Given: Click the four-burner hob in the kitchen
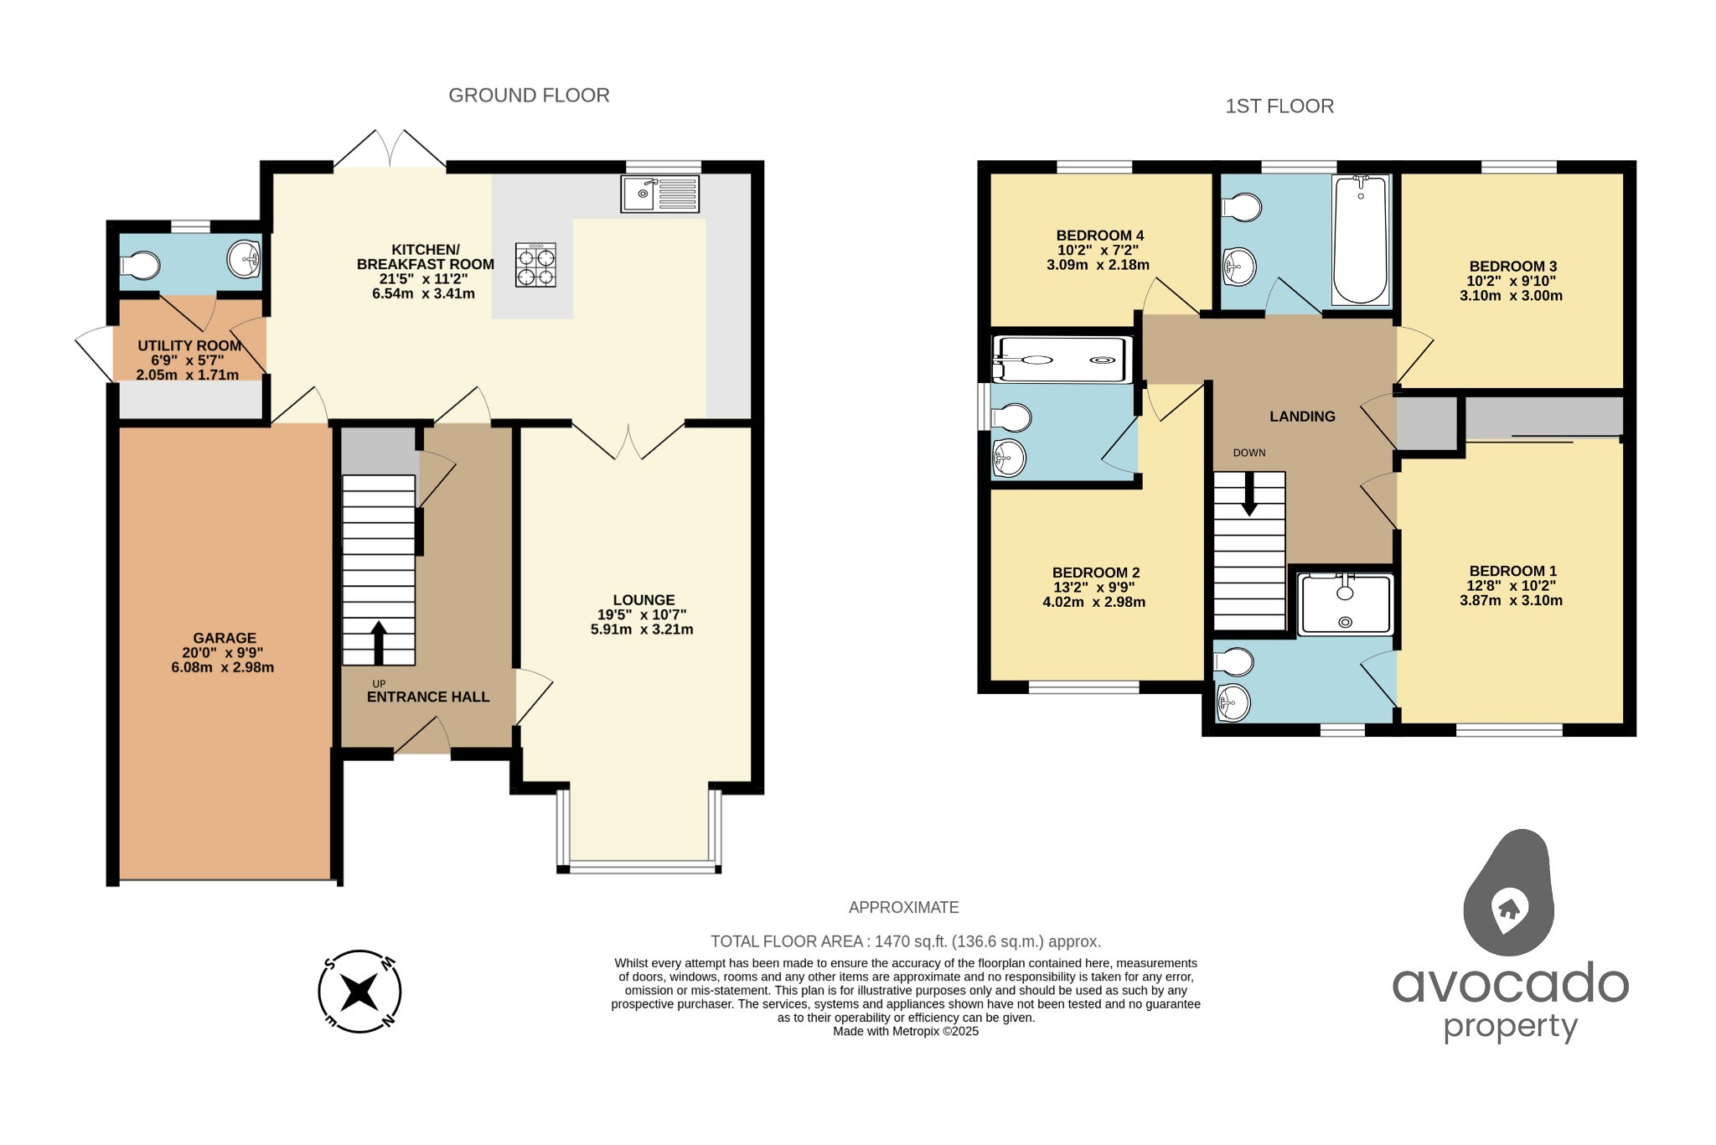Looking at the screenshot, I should [535, 266].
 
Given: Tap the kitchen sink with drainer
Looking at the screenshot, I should [659, 194].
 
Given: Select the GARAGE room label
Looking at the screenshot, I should [225, 638].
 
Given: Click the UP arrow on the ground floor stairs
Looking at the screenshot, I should [379, 642].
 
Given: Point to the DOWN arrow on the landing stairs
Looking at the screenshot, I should [1249, 495].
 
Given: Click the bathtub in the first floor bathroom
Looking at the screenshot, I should [1360, 240].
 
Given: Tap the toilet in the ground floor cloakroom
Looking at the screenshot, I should [140, 266].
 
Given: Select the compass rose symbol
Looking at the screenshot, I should [360, 992].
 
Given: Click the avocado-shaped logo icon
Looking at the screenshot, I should [1509, 894].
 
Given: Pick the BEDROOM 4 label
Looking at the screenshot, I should [1099, 236].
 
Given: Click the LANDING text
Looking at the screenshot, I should [1302, 417].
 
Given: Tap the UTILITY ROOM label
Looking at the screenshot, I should [189, 345].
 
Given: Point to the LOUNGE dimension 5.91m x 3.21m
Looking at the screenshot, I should [642, 629].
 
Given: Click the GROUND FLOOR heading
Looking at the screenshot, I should [529, 96].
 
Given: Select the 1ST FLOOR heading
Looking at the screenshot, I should [1279, 106].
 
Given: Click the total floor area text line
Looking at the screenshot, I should [905, 941].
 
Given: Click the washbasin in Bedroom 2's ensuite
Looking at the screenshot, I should [1008, 458].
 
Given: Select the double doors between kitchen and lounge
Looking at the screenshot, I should [628, 438].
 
